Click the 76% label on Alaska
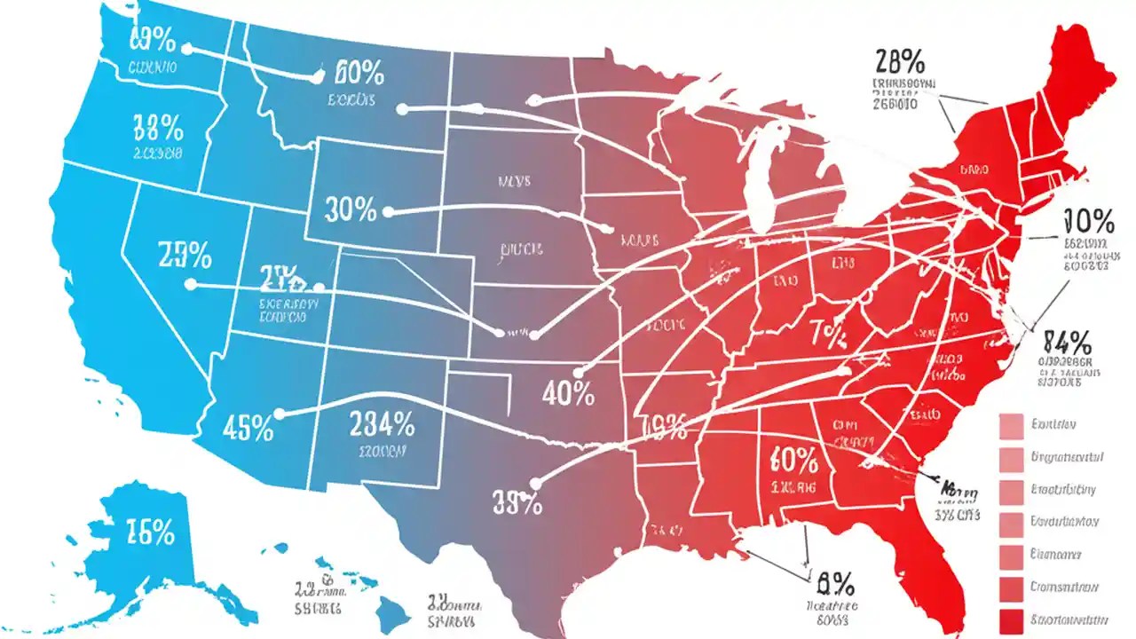(x=150, y=532)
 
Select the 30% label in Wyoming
(x=351, y=209)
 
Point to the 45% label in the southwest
(x=248, y=429)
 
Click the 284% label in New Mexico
(x=382, y=424)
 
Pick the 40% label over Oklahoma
(x=568, y=393)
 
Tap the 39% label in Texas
(x=517, y=504)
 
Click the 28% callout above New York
(x=900, y=62)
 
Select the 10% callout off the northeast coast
(x=1088, y=220)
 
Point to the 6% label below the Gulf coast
(x=834, y=583)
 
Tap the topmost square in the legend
(x=1013, y=427)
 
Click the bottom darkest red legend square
(x=1013, y=620)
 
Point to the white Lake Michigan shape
(x=759, y=177)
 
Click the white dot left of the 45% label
(x=280, y=414)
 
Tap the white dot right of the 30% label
(x=387, y=213)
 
